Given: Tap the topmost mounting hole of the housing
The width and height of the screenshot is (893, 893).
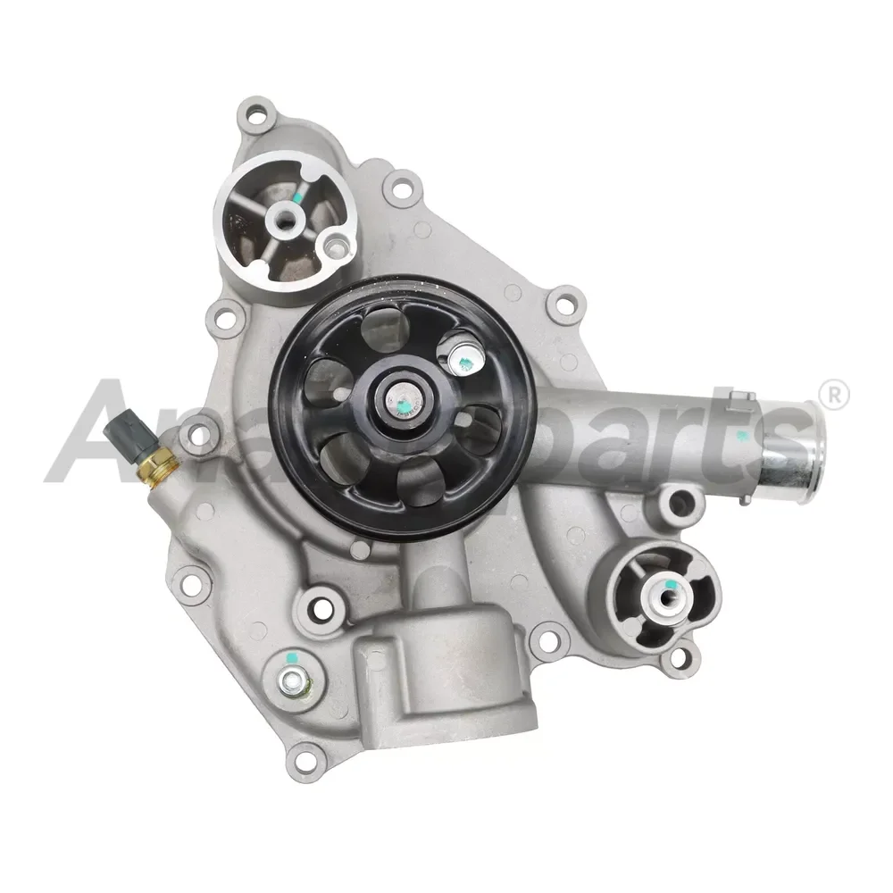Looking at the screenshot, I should click(257, 114).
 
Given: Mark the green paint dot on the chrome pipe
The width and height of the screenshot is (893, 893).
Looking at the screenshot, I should click(740, 437).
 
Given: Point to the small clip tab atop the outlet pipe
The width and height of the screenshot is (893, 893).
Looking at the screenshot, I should click(743, 400).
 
